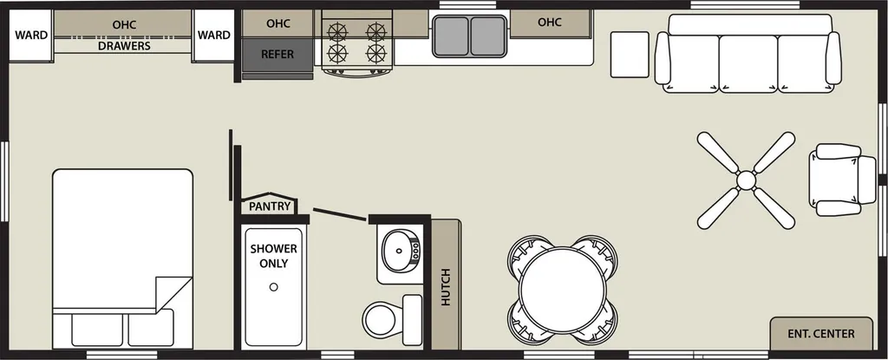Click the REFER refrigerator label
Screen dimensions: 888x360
pyautogui.click(x=277, y=55)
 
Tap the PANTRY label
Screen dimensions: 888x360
pyautogui.click(x=270, y=206)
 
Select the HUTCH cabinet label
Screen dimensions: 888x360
pyautogui.click(x=446, y=287)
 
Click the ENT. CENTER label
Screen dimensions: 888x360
pyautogui.click(x=821, y=334)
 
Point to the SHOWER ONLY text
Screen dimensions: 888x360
pyautogui.click(x=273, y=256)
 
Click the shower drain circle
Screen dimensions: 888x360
pyautogui.click(x=273, y=287)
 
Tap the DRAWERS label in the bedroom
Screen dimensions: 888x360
pyautogui.click(x=125, y=46)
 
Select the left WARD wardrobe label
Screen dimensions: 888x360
pyautogui.click(x=31, y=36)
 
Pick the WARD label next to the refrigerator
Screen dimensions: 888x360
pyautogui.click(x=214, y=36)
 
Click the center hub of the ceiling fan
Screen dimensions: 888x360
pyautogui.click(x=746, y=180)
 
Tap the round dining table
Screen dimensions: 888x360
pyautogui.click(x=562, y=290)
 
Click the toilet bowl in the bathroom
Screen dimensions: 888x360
pyautogui.click(x=380, y=319)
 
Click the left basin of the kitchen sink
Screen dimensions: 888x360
pyautogui.click(x=451, y=36)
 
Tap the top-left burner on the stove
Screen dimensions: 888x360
pyautogui.click(x=337, y=31)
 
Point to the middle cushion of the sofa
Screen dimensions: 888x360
pyautogui.click(x=748, y=63)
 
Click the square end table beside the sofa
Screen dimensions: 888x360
pyautogui.click(x=630, y=55)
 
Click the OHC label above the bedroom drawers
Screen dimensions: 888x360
pyautogui.click(x=124, y=25)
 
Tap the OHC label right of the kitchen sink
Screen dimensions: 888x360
pyautogui.click(x=549, y=22)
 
